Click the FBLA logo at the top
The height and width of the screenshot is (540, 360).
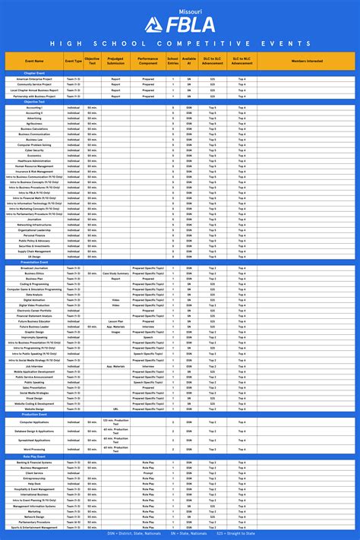click(180, 24)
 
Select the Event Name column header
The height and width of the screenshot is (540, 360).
click(33, 61)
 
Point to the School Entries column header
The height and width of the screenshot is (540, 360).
click(173, 61)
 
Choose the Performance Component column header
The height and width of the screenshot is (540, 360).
click(148, 61)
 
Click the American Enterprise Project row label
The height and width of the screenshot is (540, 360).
click(35, 78)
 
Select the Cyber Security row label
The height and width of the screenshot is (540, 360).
click(35, 150)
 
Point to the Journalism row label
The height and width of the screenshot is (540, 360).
click(35, 219)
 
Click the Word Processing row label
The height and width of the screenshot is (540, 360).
click(35, 450)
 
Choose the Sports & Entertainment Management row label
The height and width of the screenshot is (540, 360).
click(35, 526)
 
